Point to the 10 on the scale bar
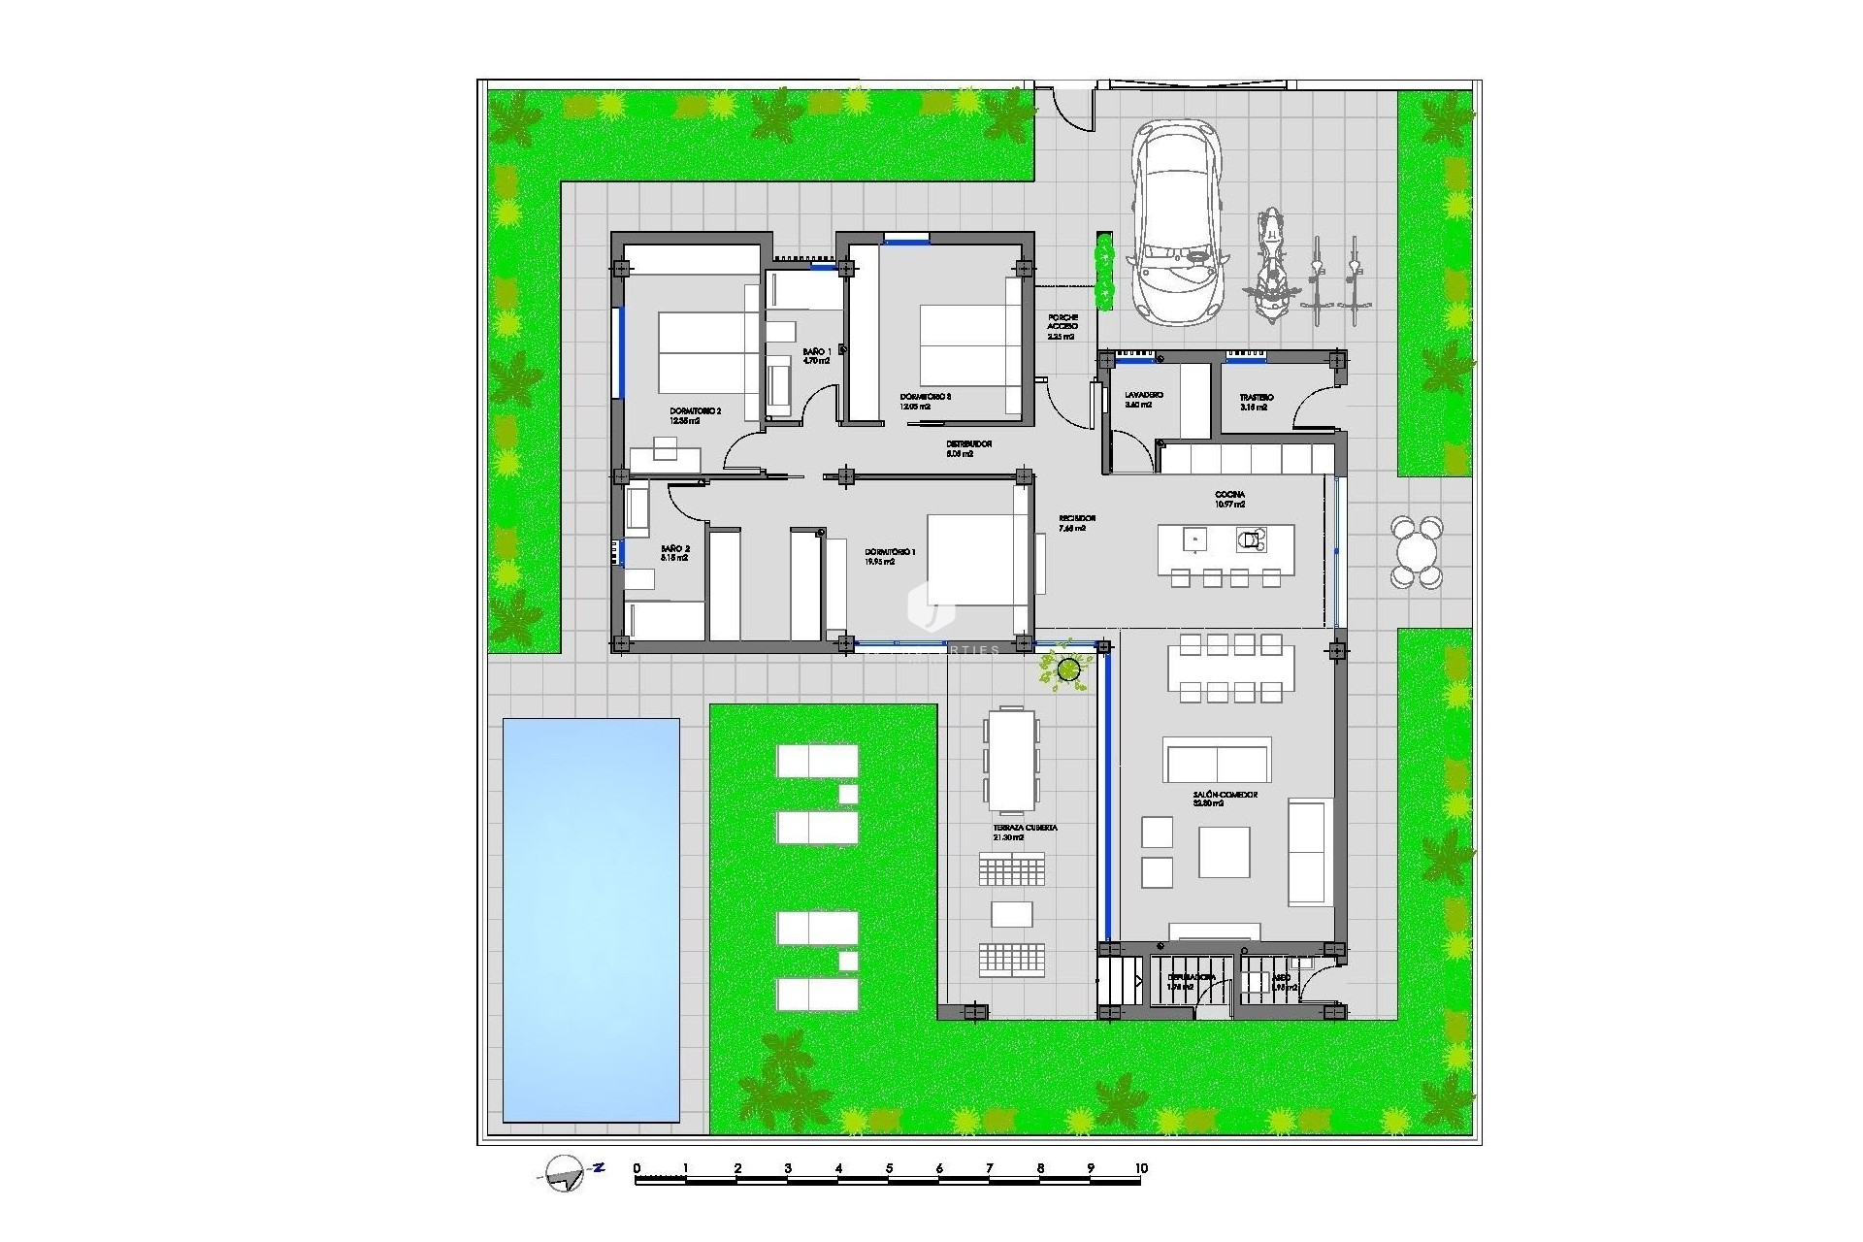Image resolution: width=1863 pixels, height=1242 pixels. point(1141,1168)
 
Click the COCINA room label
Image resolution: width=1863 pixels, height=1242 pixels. point(1229,495)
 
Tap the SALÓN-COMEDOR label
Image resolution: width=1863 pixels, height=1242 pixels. point(1225,795)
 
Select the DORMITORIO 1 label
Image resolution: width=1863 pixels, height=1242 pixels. point(890,552)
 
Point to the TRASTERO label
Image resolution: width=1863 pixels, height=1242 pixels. point(1256,398)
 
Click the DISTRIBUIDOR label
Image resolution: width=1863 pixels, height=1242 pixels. point(968,444)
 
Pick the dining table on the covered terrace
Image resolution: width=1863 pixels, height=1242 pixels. point(1011,760)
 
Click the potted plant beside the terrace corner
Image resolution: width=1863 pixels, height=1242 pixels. point(1068,669)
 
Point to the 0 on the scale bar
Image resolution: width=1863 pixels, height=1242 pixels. point(637,1168)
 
